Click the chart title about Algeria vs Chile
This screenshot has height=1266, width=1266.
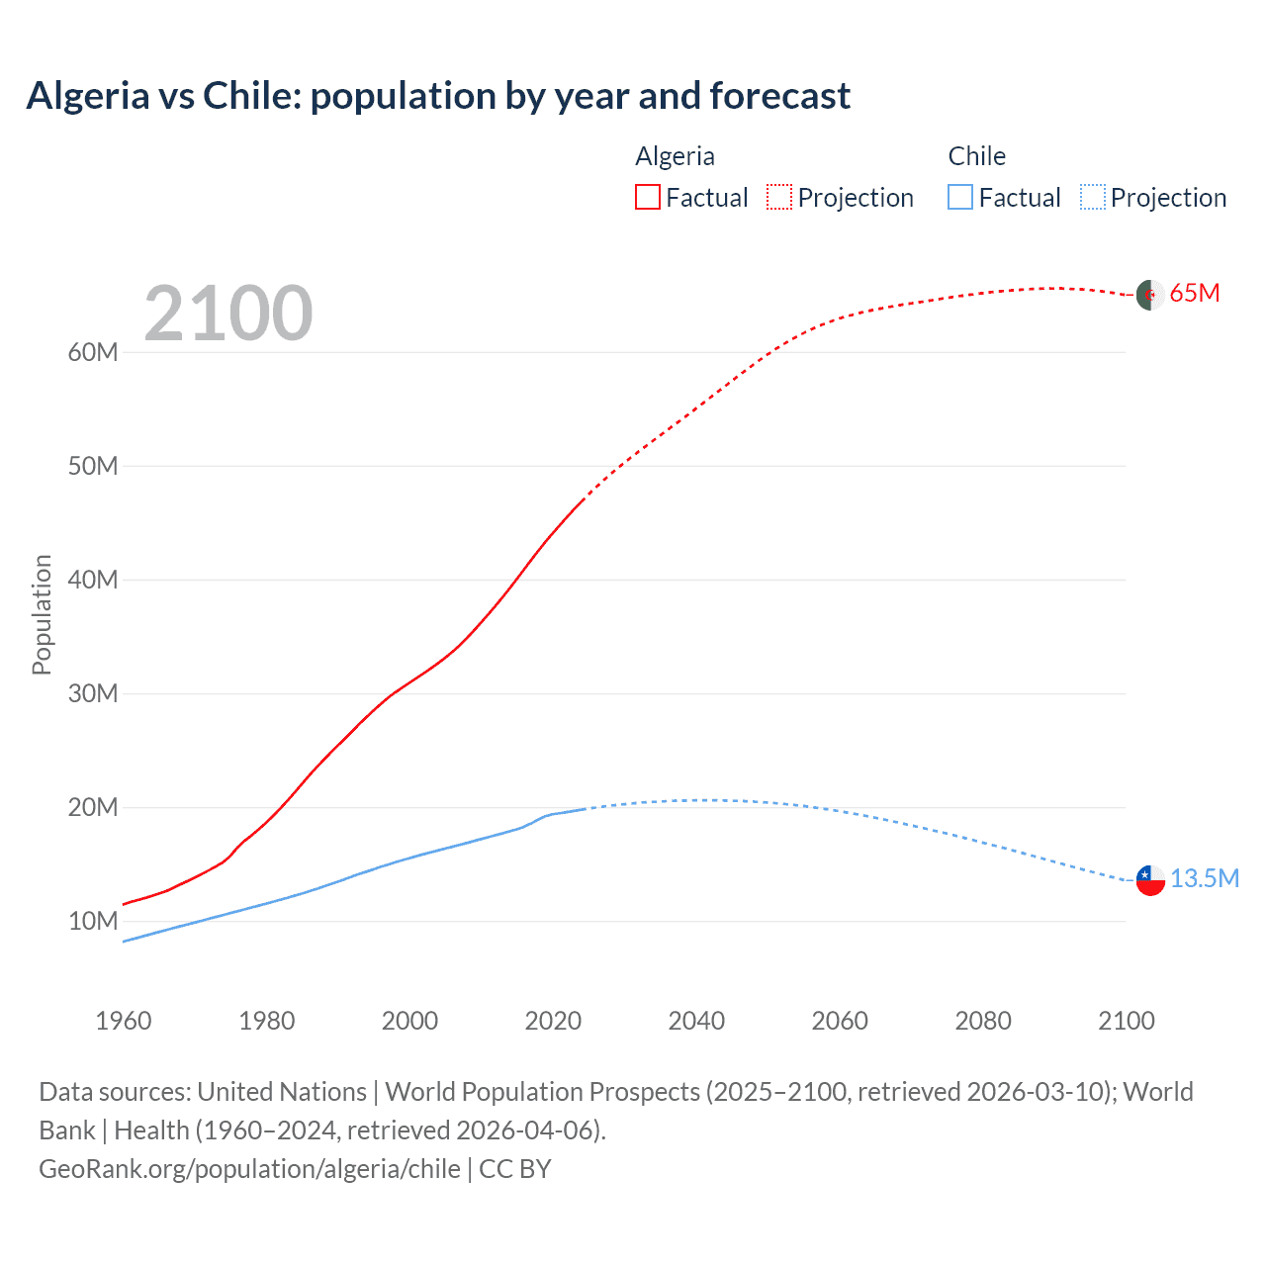point(438,96)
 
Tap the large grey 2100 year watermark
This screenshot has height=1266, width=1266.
point(228,314)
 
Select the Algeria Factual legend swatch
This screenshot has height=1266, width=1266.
point(647,197)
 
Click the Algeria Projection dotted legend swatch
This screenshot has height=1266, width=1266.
point(779,197)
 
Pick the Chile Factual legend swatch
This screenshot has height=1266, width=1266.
point(959,197)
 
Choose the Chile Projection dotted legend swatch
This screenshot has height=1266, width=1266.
point(1092,197)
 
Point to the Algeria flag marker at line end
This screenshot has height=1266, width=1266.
point(1150,295)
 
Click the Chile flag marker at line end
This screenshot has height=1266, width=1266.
point(1150,879)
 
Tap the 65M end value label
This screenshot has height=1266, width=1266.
point(1195,294)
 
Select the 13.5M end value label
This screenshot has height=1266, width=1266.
point(1205,879)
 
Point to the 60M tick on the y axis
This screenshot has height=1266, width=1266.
point(93,353)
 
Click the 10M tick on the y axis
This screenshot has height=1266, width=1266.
point(93,922)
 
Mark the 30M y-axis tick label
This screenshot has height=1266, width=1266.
point(93,694)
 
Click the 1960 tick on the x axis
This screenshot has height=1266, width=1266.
point(124,1021)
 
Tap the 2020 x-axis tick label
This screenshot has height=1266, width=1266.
point(553,1021)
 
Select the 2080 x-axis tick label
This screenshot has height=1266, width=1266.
point(983,1021)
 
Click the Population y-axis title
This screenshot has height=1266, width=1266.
point(42,614)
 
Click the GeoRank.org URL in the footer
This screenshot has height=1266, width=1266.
point(249,1169)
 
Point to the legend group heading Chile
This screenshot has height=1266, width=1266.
point(976,156)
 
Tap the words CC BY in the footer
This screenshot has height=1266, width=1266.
point(515,1169)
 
